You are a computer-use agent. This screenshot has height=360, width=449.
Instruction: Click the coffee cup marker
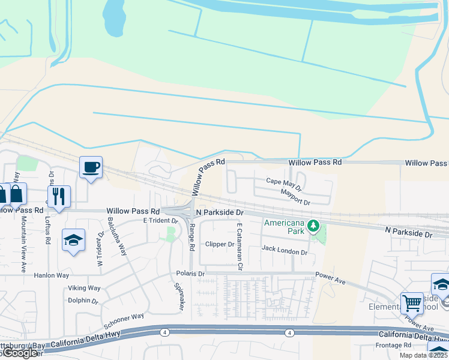coord(91,167)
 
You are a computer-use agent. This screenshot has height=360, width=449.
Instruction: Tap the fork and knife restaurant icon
coord(58,196)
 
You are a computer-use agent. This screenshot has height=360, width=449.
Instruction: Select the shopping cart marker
coord(412,302)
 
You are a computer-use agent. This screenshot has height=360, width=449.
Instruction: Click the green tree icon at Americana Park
coord(312,226)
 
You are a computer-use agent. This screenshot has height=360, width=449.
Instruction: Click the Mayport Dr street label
coord(295,193)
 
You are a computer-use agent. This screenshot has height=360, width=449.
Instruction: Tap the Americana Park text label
coord(285,226)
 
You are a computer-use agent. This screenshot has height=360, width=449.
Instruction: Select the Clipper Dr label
coord(220,245)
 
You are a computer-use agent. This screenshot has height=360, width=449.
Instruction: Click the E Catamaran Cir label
coord(240,246)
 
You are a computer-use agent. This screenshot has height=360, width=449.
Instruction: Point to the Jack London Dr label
coord(285,253)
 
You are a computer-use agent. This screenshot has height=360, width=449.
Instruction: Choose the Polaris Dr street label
coord(190,274)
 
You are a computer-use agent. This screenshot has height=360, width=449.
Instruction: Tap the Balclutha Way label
coord(117,238)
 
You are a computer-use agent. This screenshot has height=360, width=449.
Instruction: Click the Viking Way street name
coord(84,288)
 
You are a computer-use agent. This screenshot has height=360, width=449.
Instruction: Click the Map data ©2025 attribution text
coord(424,355)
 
